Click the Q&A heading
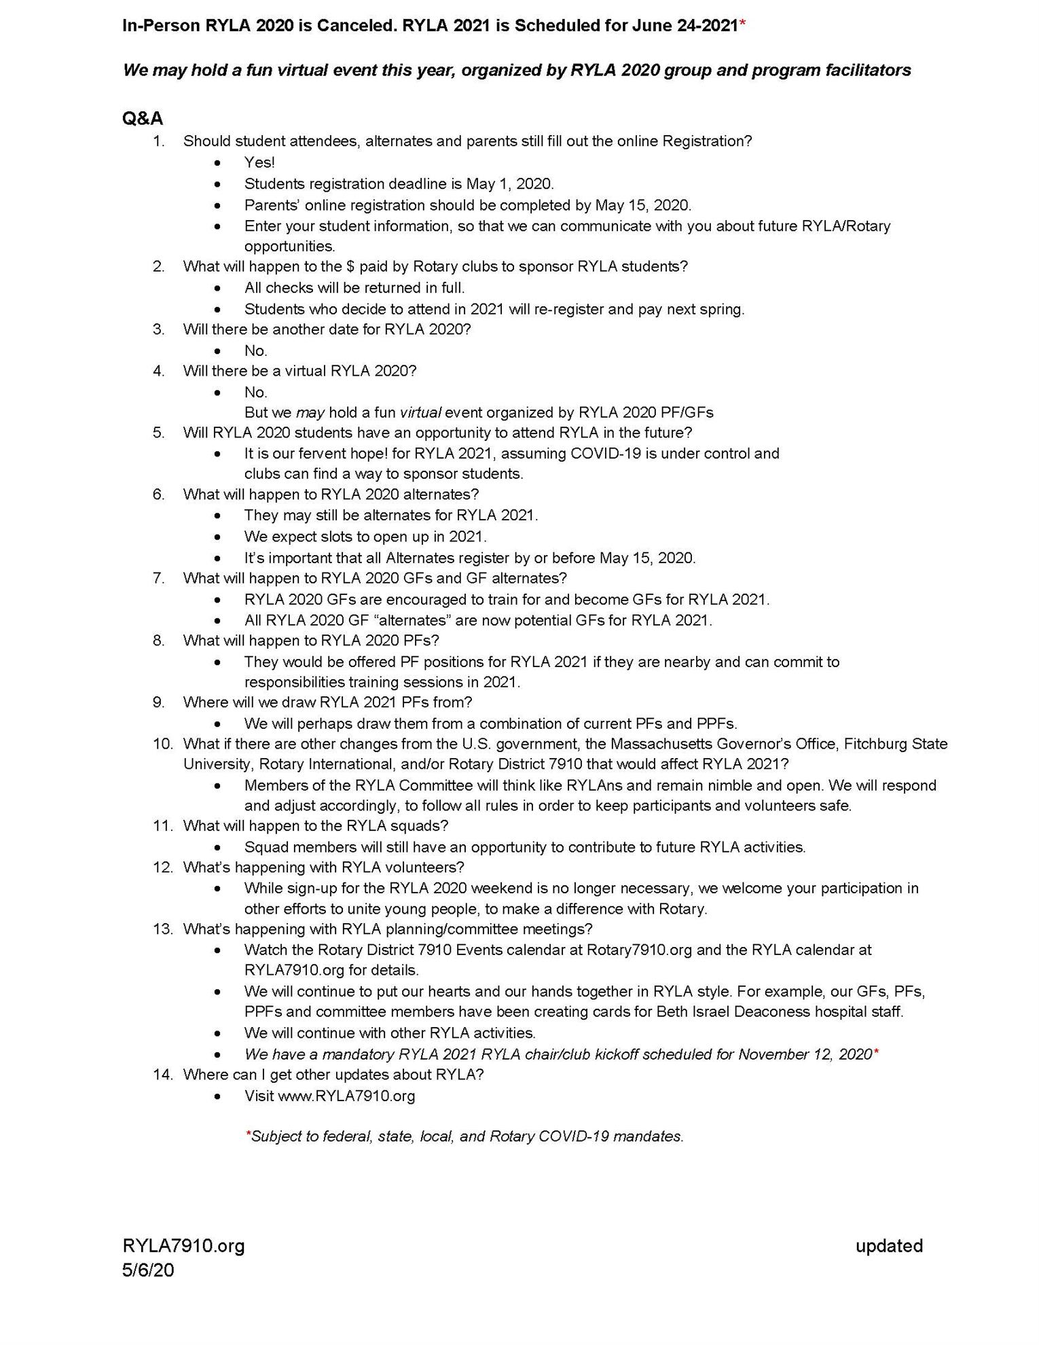[x=143, y=118]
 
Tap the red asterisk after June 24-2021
[x=743, y=24]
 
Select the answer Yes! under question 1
[x=259, y=162]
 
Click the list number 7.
[x=159, y=578]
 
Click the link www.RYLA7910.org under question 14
[x=346, y=1096]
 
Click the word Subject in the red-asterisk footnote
[x=274, y=1136]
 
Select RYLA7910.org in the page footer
[x=183, y=1245]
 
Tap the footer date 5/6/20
[x=148, y=1270]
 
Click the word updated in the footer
[x=889, y=1245]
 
